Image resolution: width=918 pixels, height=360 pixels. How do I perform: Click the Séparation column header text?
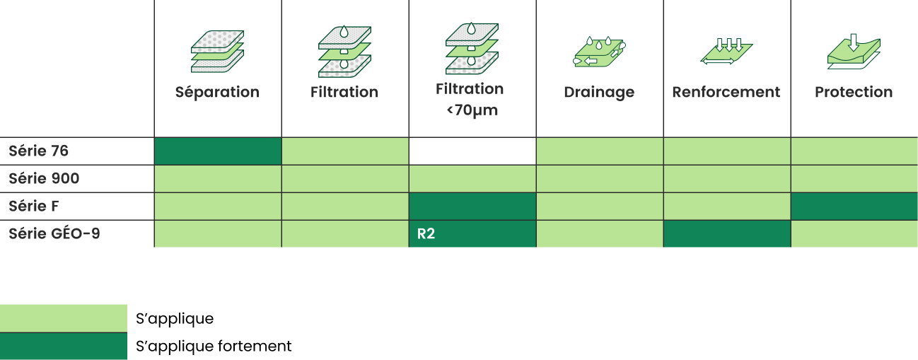pyautogui.click(x=217, y=92)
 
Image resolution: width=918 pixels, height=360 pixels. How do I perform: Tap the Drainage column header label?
pyautogui.click(x=599, y=93)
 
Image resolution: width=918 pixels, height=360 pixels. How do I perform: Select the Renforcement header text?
pyautogui.click(x=726, y=92)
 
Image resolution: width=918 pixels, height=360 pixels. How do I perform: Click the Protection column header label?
pyautogui.click(x=854, y=92)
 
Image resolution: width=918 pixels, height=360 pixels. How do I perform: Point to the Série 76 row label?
pyautogui.click(x=38, y=151)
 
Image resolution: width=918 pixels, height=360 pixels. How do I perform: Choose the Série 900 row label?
pyautogui.click(x=44, y=178)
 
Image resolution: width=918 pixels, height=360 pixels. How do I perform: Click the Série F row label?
pyautogui.click(x=34, y=206)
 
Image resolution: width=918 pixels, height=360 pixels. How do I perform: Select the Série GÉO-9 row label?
pyautogui.click(x=54, y=233)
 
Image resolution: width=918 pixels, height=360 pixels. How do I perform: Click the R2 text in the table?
pyautogui.click(x=426, y=233)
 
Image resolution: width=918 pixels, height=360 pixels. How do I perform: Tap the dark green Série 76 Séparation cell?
pyautogui.click(x=218, y=151)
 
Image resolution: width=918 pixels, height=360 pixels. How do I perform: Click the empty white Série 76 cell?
pyautogui.click(x=472, y=151)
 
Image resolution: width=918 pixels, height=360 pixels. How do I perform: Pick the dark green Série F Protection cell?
pyautogui.click(x=854, y=207)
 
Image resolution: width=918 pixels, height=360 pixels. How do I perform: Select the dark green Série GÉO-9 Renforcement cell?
pyautogui.click(x=727, y=233)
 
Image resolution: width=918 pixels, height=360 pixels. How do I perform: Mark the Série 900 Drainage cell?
pyautogui.click(x=600, y=179)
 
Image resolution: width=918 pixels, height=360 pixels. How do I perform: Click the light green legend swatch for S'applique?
pyautogui.click(x=64, y=318)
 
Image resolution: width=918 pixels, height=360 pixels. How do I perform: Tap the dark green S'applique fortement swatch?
pyautogui.click(x=64, y=346)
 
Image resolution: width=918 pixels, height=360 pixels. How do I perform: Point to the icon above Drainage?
pyautogui.click(x=600, y=52)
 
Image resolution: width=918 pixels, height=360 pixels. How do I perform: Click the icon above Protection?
pyautogui.click(x=854, y=51)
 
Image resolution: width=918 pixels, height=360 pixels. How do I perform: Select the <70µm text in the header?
pyautogui.click(x=472, y=110)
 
